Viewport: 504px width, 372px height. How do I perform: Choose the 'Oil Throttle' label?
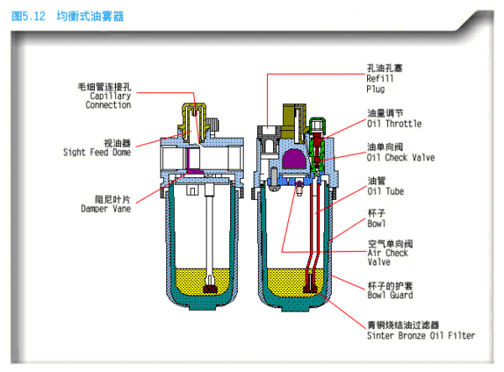coord(394,123)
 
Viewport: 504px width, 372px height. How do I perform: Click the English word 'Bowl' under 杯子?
coord(376,224)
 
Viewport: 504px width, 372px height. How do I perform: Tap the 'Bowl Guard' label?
coord(389,295)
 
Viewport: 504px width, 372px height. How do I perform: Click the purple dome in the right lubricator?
coord(293,160)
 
